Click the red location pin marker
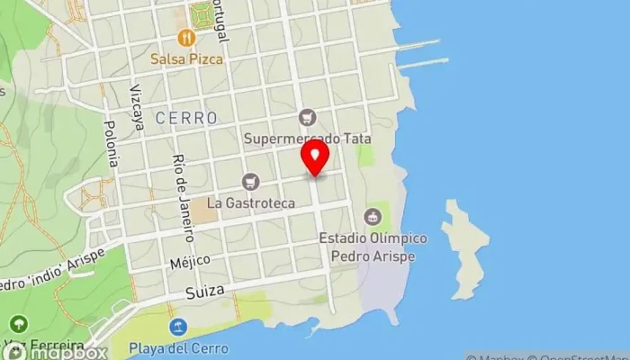(x=315, y=157)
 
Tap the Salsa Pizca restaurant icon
(x=186, y=37)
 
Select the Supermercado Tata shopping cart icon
(x=309, y=118)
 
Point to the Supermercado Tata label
(x=307, y=139)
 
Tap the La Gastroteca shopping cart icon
(x=250, y=182)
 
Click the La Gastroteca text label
(x=251, y=203)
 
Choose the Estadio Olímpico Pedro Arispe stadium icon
(x=372, y=216)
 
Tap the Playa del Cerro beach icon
(x=178, y=325)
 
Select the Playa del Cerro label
(x=178, y=347)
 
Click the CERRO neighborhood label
(x=186, y=118)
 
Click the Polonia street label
(x=112, y=144)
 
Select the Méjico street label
(x=191, y=262)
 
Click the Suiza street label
(x=203, y=292)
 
